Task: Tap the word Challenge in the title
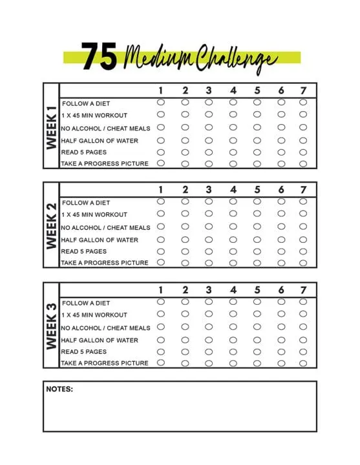point(237,59)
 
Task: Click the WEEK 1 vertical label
point(51,127)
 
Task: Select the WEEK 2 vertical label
point(51,225)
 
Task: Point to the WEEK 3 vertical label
point(51,325)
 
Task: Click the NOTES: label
point(59,389)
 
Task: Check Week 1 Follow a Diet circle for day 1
point(161,102)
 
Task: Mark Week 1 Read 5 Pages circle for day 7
point(303,152)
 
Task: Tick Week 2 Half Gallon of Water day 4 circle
point(233,239)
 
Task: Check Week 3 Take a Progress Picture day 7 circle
point(303,362)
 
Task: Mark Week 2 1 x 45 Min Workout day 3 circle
point(209,214)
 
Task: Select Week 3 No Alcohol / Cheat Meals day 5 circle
point(257,327)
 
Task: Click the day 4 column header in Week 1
point(233,90)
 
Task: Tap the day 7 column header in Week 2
point(303,190)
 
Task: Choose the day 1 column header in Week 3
point(161,290)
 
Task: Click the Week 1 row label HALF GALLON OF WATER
point(100,140)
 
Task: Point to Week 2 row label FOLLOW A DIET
point(86,203)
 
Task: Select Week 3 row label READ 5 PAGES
point(84,352)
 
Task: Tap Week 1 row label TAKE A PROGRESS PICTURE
point(105,164)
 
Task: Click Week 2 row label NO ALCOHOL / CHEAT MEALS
point(105,227)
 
